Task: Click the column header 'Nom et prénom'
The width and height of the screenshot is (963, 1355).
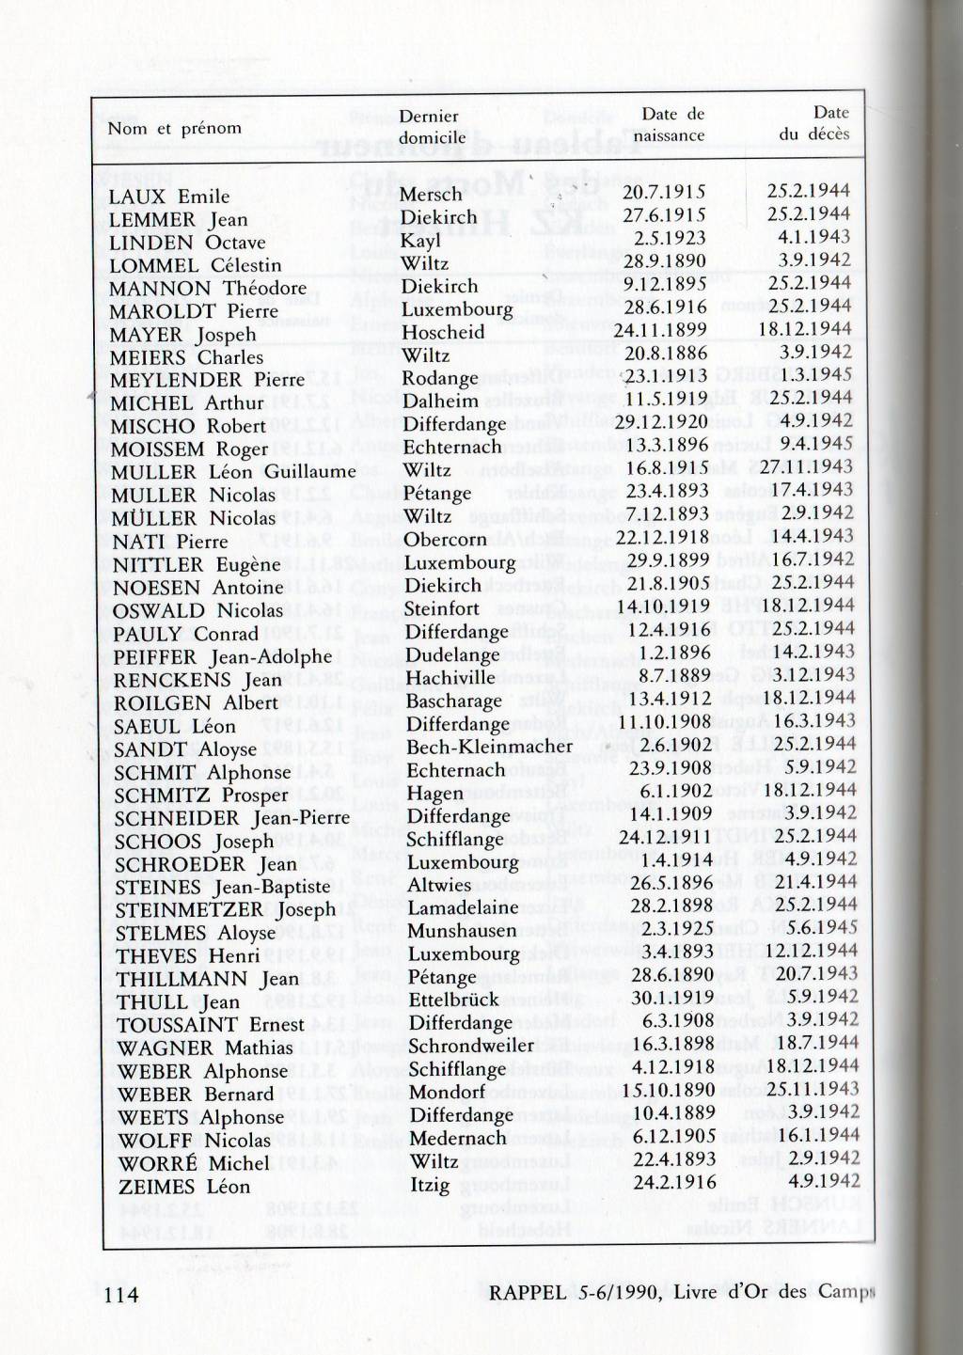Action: tap(174, 128)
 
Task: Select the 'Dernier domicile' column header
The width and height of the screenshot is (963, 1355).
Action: tap(432, 126)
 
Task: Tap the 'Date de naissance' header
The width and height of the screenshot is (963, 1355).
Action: tap(669, 124)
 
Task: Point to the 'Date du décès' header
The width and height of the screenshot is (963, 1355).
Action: tap(814, 123)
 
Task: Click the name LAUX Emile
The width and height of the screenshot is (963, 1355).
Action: tap(169, 197)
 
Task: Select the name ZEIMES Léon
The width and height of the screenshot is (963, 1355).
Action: tap(184, 1187)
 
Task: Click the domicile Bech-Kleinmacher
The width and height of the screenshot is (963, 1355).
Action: tap(489, 747)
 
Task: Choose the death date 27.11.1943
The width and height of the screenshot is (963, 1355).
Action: tap(807, 467)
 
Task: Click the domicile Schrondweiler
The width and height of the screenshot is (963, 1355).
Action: tap(471, 1046)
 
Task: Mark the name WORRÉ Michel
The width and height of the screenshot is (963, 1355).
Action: tap(194, 1163)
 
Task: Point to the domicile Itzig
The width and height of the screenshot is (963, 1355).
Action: tap(430, 1184)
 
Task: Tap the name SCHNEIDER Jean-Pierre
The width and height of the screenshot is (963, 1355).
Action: tap(232, 818)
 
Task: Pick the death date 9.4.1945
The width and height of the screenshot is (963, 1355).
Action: tap(815, 444)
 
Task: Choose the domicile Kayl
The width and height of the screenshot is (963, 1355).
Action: tap(419, 241)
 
